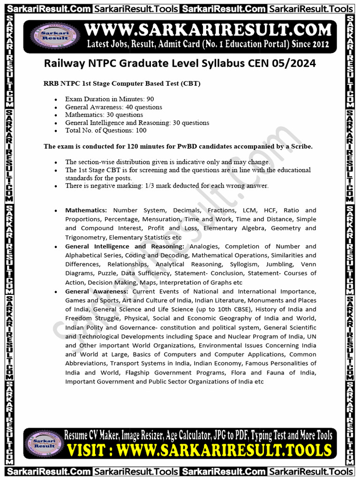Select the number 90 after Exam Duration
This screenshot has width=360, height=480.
[150, 99]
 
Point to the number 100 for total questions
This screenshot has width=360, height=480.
[141, 130]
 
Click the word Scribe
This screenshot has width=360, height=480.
[300, 146]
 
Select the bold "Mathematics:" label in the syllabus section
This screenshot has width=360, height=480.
[86, 210]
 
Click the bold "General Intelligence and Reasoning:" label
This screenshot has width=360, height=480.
[125, 247]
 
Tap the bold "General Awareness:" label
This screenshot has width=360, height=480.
[97, 292]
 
